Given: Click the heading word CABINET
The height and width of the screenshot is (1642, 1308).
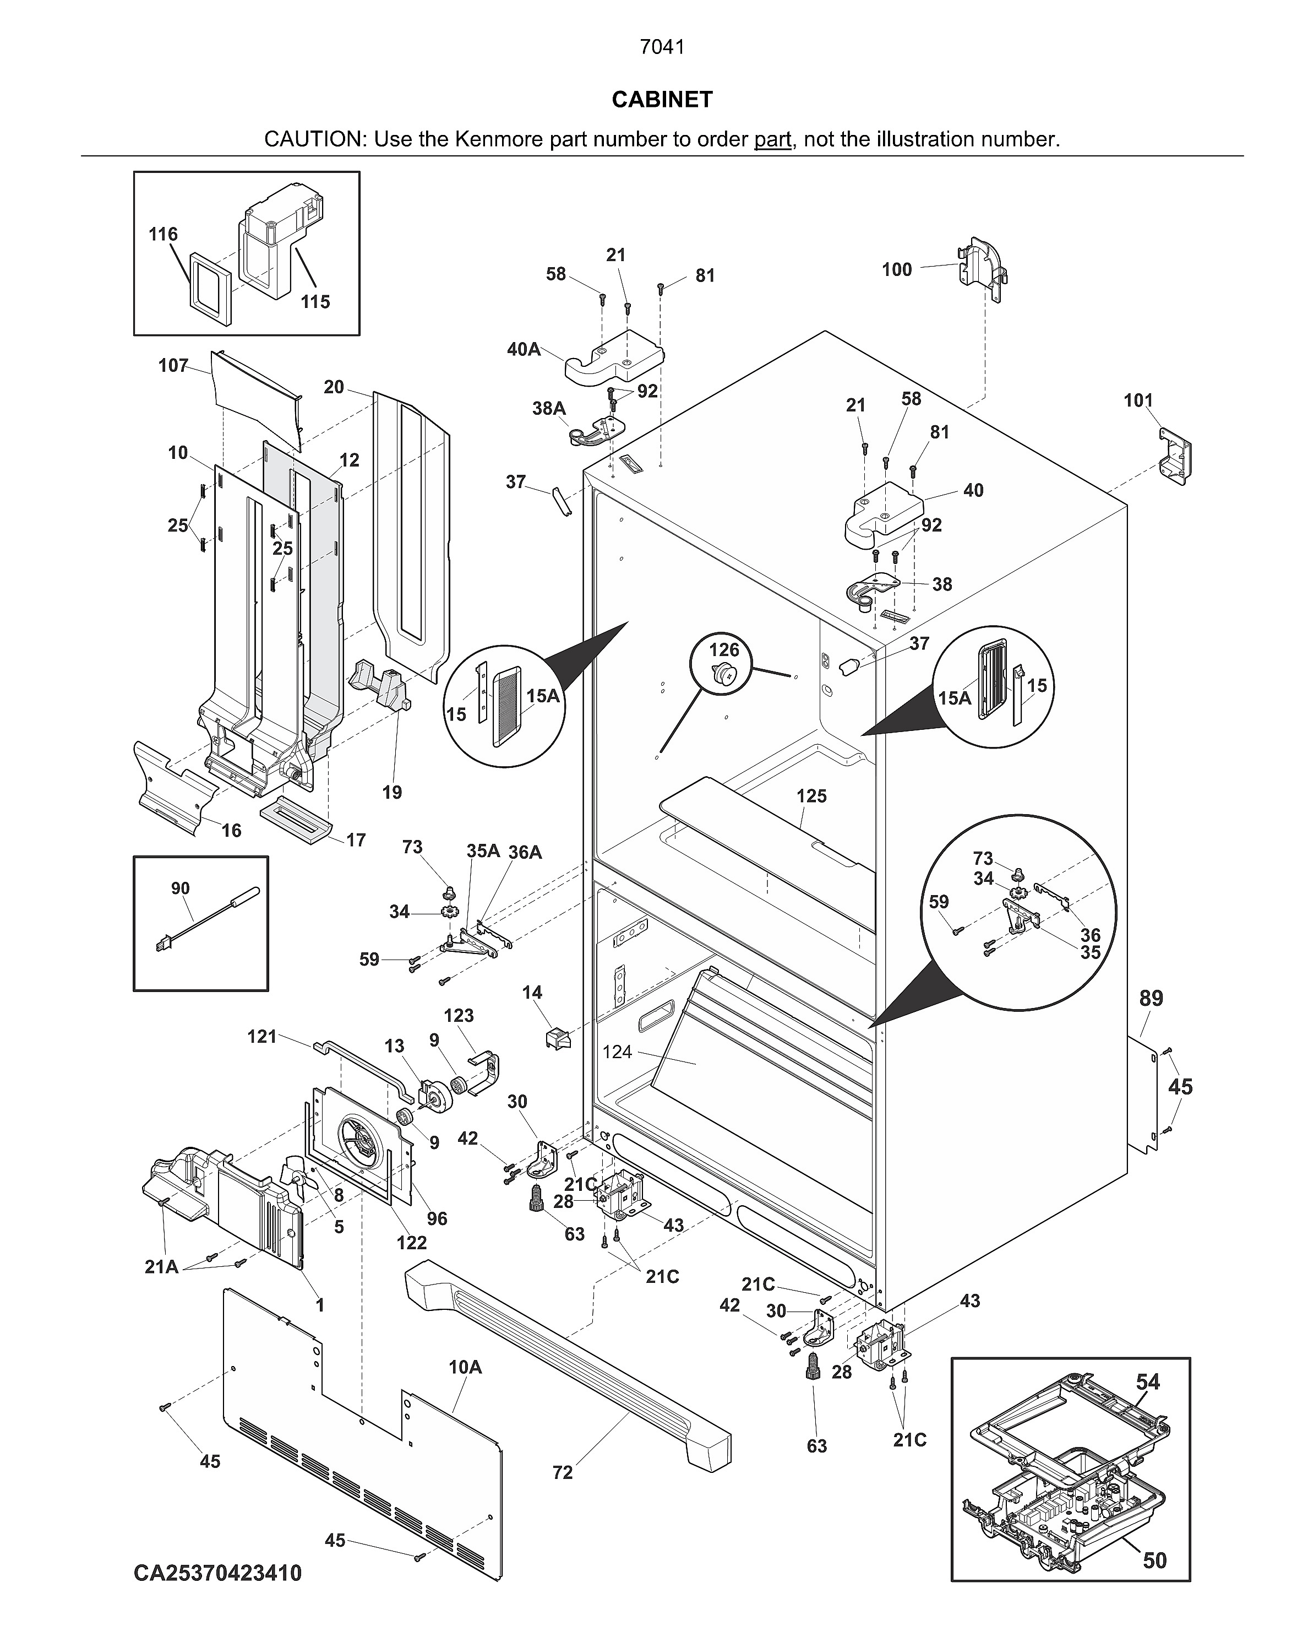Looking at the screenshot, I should pyautogui.click(x=662, y=100).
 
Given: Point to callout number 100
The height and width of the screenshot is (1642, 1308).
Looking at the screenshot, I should pyautogui.click(x=896, y=269).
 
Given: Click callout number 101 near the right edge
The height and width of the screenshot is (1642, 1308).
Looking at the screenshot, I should pyautogui.click(x=1138, y=400).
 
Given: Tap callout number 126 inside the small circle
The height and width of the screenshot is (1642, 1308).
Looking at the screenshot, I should pyautogui.click(x=723, y=649).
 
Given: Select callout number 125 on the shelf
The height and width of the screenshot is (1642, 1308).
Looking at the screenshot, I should pyautogui.click(x=811, y=796).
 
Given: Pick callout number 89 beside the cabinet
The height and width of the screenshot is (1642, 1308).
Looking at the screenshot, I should pyautogui.click(x=1151, y=999).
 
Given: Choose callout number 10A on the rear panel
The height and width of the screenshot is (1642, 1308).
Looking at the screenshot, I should pyautogui.click(x=465, y=1367).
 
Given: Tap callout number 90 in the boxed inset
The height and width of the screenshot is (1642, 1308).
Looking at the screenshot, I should pyautogui.click(x=181, y=888).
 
